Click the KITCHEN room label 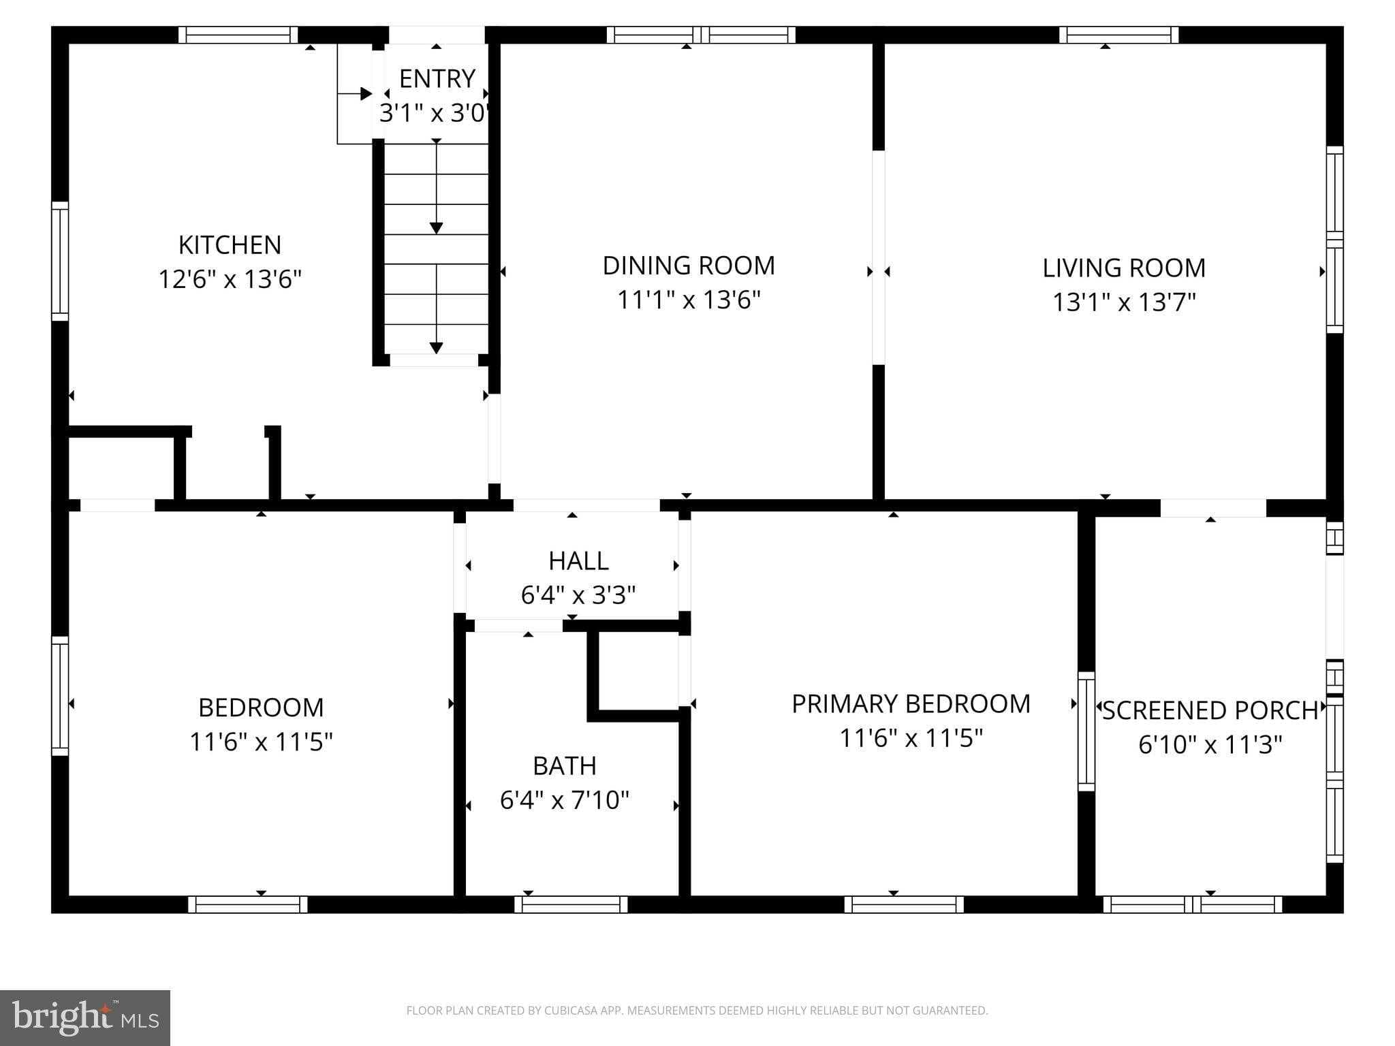(230, 244)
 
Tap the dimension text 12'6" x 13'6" (230, 279)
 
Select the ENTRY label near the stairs (437, 79)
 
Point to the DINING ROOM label (688, 266)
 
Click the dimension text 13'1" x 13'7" (1124, 302)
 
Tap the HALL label (578, 561)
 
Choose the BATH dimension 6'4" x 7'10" (564, 800)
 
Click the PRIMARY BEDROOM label (911, 704)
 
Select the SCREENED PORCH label (1210, 711)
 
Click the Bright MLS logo (85, 1017)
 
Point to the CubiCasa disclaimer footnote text (697, 1011)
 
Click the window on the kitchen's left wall (60, 261)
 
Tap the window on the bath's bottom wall (571, 904)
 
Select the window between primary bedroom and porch (1086, 731)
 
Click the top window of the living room (1118, 35)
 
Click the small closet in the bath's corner (638, 671)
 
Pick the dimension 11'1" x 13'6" (688, 300)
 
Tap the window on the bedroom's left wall (60, 696)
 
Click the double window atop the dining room (701, 35)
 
